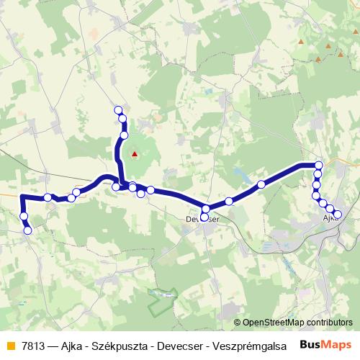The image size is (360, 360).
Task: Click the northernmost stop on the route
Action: click(118, 109)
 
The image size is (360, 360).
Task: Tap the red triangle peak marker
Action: click(134, 153)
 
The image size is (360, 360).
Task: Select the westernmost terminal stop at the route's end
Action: click(28, 230)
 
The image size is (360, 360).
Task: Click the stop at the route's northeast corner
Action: click(318, 165)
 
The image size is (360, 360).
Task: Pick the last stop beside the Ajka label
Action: click(337, 213)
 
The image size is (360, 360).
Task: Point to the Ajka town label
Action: click(330, 217)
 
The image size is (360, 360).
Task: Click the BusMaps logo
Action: click(326, 345)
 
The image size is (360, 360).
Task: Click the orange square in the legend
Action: click(10, 346)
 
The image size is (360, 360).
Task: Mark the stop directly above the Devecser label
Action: click(205, 209)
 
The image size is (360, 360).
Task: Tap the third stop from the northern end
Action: click(124, 135)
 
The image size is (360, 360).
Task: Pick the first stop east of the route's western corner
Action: click(48, 197)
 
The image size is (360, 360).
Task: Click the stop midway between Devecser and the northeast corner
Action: click(261, 184)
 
